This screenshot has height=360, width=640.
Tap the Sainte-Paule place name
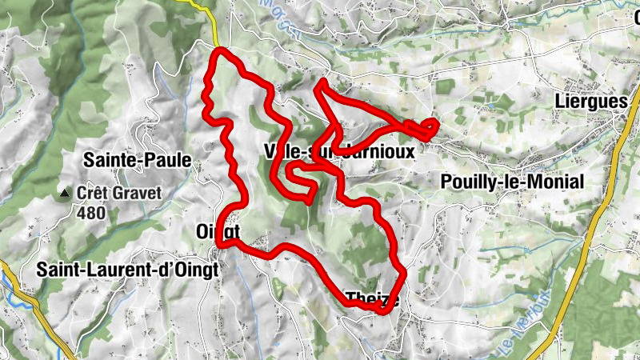138,161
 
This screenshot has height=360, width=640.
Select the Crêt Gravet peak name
119,193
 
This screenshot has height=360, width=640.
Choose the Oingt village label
217,231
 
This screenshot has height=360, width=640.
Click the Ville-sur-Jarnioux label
338,152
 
